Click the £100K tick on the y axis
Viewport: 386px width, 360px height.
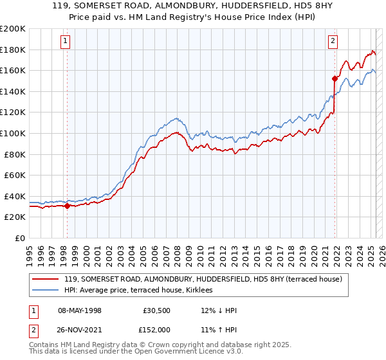(13, 133)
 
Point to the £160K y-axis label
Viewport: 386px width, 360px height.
(13, 70)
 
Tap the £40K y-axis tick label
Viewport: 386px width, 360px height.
(15, 196)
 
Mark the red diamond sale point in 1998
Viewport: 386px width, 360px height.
(67, 206)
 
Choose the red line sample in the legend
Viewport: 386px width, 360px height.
(45, 279)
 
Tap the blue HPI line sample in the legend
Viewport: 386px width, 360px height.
(45, 290)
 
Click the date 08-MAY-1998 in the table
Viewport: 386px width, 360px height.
(80, 310)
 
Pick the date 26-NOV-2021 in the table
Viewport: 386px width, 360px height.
(80, 330)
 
